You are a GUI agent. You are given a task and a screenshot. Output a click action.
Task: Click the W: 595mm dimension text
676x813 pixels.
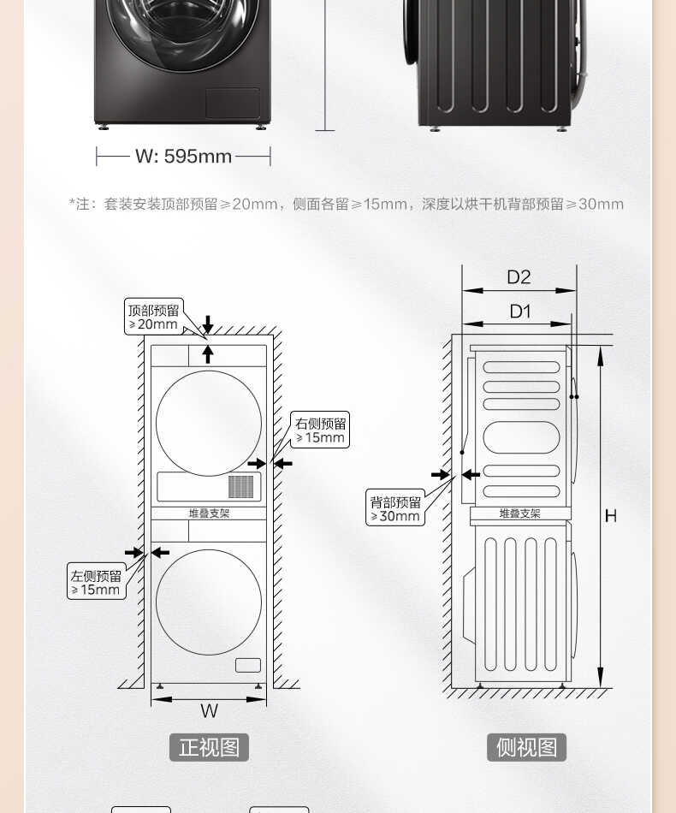183,157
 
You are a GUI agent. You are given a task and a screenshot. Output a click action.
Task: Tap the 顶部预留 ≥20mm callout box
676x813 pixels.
154,317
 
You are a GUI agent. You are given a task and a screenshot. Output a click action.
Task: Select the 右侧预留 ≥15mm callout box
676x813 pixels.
321,430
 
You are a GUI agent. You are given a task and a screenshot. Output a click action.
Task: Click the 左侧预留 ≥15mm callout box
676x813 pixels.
96,582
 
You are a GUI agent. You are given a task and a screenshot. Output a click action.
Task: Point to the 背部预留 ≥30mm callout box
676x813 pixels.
395,508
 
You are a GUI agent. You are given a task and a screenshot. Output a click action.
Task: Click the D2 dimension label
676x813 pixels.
519,276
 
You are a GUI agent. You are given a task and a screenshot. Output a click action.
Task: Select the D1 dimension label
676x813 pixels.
519,312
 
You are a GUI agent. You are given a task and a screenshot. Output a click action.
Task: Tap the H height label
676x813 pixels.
610,516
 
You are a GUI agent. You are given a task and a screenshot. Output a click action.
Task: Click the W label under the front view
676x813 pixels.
209,710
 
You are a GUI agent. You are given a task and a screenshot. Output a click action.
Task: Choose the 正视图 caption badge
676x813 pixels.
209,746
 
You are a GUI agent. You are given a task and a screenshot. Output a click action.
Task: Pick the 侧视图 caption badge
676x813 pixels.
526,746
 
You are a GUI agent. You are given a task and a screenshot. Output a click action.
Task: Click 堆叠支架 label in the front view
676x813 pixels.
209,513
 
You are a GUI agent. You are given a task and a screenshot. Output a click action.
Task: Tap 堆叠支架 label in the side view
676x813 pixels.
520,513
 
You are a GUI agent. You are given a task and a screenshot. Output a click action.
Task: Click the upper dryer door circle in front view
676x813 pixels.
209,423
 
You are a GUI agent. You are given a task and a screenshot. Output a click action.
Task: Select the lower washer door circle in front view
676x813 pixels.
209,602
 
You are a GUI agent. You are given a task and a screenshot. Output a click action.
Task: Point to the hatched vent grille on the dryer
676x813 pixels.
241,486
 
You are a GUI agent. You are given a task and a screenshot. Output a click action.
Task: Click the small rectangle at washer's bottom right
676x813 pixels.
248,665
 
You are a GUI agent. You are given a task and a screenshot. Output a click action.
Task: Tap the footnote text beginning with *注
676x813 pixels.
346,204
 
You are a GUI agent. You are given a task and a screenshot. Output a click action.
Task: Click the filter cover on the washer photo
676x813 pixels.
232,103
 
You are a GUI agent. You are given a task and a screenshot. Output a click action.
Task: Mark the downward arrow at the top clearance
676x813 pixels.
207,324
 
